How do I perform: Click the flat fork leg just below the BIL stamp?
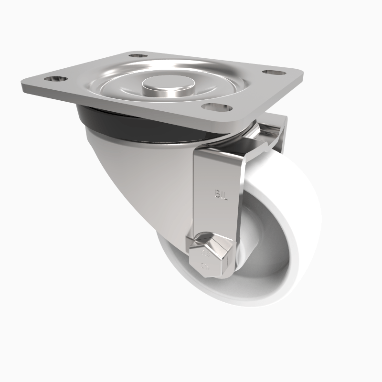[x=217, y=215]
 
